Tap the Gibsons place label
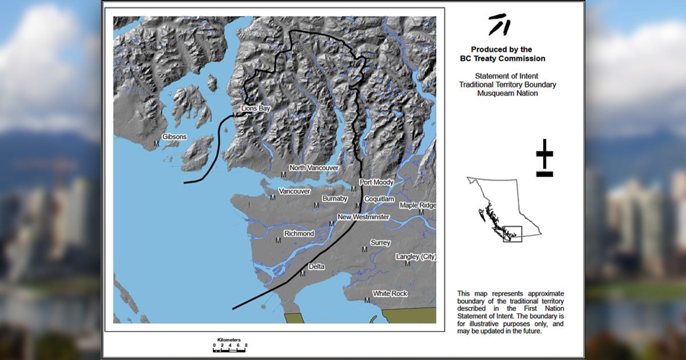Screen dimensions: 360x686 coord(174,137)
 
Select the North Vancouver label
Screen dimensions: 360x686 coord(314,168)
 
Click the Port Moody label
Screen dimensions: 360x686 coord(376,182)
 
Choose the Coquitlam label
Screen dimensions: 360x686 coord(379,198)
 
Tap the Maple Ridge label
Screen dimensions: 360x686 coord(417,205)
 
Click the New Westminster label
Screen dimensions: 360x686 coord(363,217)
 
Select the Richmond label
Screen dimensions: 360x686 coord(299,234)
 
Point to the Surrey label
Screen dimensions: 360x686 coord(380,243)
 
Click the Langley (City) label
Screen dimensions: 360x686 coord(416,257)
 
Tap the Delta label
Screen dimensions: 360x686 coord(316,267)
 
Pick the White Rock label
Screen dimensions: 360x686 coord(390,294)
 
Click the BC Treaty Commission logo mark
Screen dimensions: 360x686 coord(499,25)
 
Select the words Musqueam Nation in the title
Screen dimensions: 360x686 coord(507,93)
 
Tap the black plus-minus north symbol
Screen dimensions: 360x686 coord(544,158)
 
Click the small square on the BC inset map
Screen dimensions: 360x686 coord(512,234)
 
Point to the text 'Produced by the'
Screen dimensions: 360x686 coord(501,50)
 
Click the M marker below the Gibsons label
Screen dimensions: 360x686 coord(156,143)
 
